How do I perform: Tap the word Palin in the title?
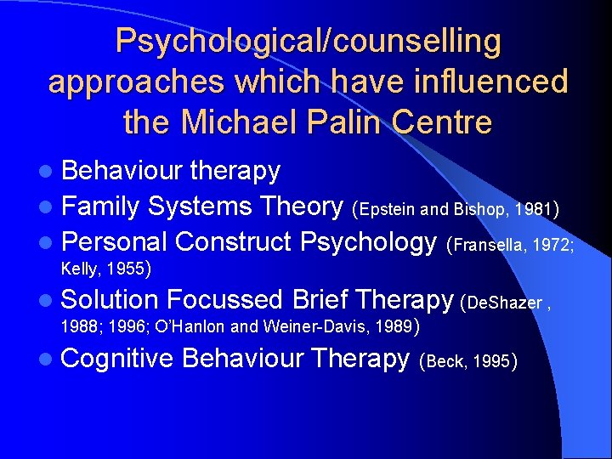click(x=348, y=122)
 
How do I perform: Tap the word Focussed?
click(x=224, y=299)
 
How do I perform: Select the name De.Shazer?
click(x=501, y=302)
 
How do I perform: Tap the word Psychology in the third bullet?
click(x=369, y=243)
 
